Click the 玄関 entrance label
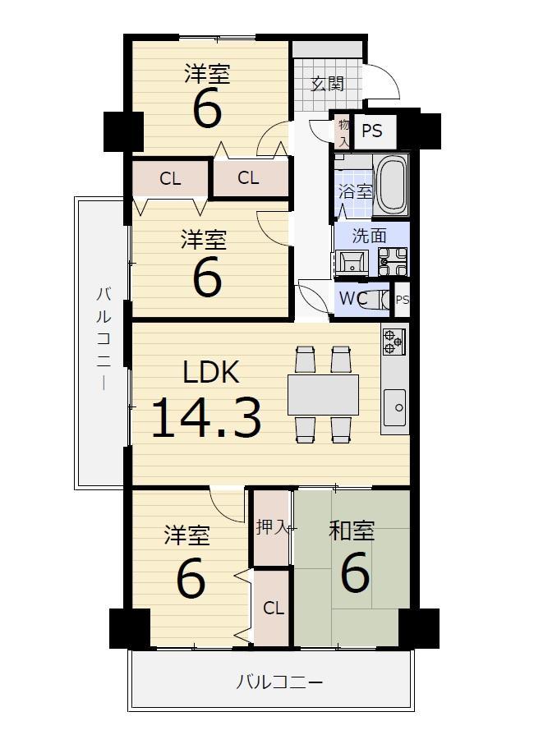coord(328,85)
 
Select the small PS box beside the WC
coord(402,300)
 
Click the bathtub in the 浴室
coord(391,186)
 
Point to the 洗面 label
coord(370,236)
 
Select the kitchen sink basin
coord(394,407)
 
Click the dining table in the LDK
coord(323,395)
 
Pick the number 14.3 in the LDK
coord(206,417)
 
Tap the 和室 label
coord(352,531)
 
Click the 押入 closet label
coord(272,526)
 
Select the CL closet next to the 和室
coord(274,608)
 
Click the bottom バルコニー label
coord(279,682)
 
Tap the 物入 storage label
coord(343,133)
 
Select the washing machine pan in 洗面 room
coord(393,262)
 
